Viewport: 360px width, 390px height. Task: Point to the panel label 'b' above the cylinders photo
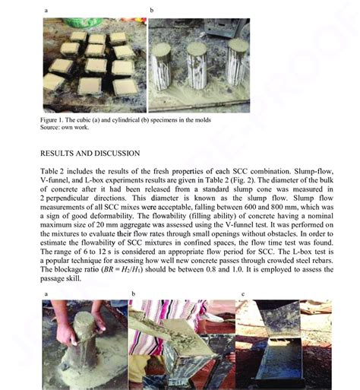(151, 11)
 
